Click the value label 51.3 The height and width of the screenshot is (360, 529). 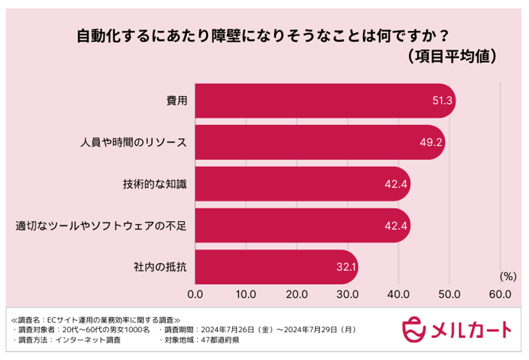click(441, 101)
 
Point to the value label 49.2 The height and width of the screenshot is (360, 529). click(430, 143)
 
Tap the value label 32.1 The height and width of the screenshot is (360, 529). click(345, 267)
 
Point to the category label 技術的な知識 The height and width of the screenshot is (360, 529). click(154, 184)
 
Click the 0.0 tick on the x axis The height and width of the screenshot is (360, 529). click(195, 294)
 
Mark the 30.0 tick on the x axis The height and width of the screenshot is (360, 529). click(347, 294)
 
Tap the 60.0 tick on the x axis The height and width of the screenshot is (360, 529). click(500, 294)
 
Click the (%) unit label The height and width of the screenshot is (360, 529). click(507, 277)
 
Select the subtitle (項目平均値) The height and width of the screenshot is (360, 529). click(452, 57)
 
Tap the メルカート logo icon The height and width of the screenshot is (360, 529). click(414, 329)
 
